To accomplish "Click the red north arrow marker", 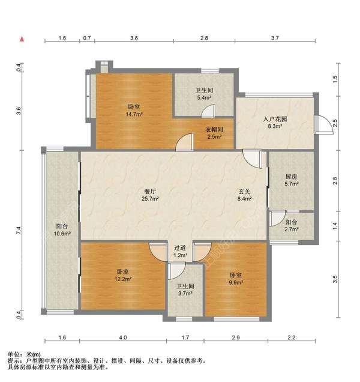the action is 22,39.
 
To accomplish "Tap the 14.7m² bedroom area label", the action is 134,111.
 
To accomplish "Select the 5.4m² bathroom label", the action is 204,94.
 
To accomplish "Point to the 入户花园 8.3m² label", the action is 275,123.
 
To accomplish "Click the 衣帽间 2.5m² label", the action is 214,133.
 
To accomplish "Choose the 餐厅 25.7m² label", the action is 150,195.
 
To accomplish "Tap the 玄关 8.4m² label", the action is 244,195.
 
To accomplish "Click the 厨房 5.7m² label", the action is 292,180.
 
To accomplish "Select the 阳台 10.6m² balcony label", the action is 62,229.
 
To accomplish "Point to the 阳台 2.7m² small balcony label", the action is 292,226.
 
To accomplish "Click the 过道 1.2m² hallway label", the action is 180,252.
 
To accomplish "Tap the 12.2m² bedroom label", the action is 123,275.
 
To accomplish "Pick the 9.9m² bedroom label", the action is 236,279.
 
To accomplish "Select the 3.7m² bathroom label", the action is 185,290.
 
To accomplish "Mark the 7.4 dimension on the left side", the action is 19,230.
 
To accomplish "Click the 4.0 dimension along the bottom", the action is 123,338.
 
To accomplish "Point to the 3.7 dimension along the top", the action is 275,38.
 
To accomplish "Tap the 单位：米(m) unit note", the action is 24,354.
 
